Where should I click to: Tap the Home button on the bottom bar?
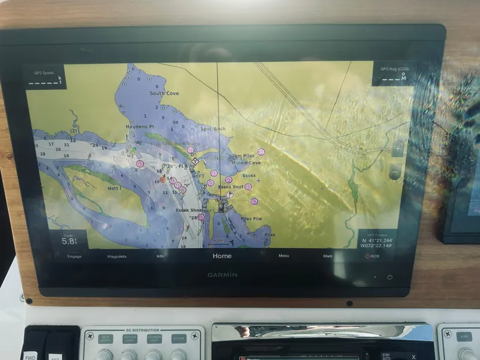221,256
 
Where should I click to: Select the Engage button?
74,256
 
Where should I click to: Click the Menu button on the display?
284,256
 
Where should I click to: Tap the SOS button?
372,256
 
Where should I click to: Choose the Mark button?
328,256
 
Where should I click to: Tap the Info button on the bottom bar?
160,256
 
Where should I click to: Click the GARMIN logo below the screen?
223,275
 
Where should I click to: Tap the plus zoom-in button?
398,148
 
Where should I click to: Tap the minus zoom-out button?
395,171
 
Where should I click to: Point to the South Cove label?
164,94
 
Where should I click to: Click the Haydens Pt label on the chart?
140,127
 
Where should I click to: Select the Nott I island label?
114,188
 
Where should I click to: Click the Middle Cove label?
246,163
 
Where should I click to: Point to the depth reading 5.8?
70,241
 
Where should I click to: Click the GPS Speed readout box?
44,77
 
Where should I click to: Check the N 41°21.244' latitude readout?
377,239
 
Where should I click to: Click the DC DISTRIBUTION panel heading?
143,330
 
